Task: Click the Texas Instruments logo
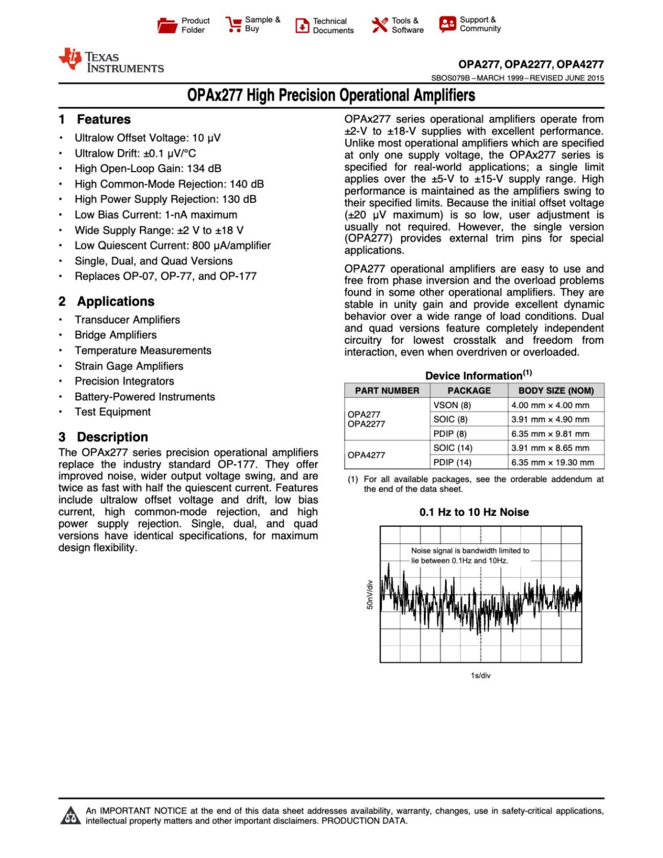click(111, 61)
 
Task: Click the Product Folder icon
click(167, 25)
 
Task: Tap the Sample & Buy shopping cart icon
click(233, 25)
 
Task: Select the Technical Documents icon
click(302, 25)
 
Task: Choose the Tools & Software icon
click(379, 25)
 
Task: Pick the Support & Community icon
click(447, 24)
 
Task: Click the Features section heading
click(103, 119)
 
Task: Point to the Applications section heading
click(115, 301)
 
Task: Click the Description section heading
click(112, 437)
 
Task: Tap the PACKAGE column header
click(469, 390)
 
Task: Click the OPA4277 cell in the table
click(366, 455)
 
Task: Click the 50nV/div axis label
click(369, 594)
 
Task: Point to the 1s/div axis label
click(480, 676)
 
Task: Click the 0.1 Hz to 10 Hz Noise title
click(474, 512)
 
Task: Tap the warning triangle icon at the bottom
click(70, 816)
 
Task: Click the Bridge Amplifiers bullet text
click(116, 335)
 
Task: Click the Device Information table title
click(478, 375)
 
